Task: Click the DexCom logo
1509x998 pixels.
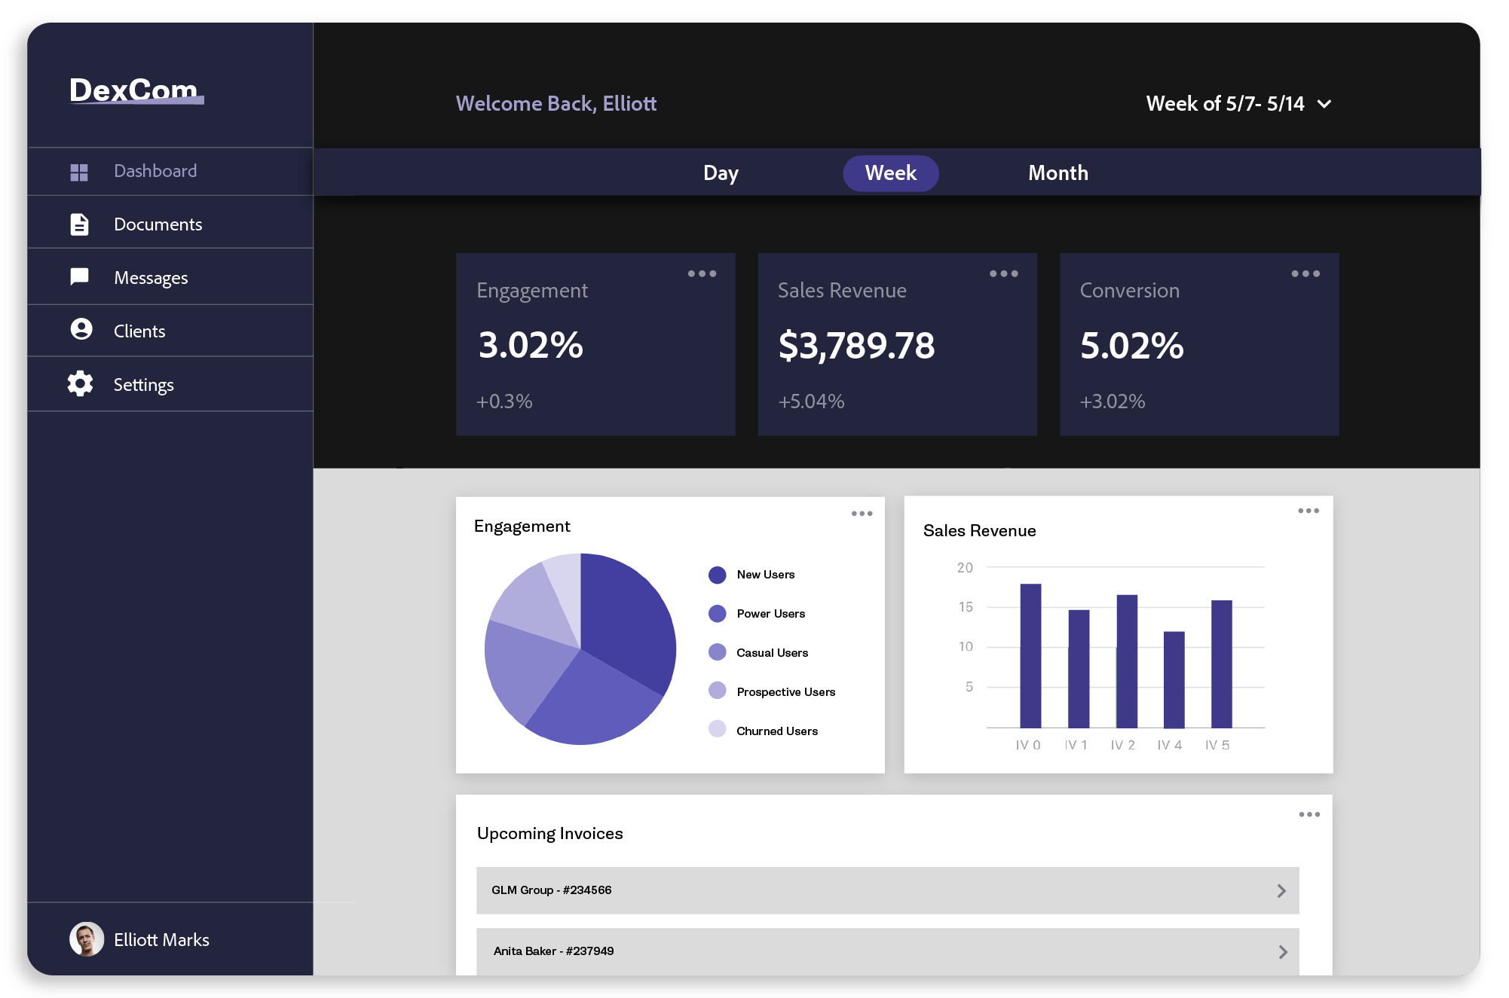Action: click(136, 90)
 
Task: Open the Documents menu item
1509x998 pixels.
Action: click(158, 224)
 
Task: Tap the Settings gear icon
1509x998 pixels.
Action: click(80, 384)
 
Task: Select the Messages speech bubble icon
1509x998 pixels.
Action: click(79, 277)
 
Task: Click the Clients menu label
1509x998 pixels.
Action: click(139, 331)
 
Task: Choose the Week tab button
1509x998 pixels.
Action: click(890, 173)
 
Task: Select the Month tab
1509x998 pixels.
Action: click(1058, 173)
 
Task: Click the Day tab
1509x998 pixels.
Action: click(721, 173)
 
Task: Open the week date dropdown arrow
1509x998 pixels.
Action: click(1324, 104)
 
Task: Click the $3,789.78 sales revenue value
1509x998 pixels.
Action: click(856, 346)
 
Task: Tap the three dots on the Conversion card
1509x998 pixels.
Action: click(1305, 273)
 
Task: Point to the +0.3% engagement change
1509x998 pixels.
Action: click(504, 401)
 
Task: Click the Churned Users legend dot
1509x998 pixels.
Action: click(717, 729)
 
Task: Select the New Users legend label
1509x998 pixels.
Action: click(765, 575)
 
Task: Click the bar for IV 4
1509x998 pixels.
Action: click(1174, 679)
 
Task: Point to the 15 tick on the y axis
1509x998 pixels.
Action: click(966, 607)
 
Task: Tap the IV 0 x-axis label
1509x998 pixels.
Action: click(1027, 745)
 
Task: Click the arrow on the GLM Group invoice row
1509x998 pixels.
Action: click(1281, 891)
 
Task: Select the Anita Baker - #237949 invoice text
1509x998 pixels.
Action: click(553, 951)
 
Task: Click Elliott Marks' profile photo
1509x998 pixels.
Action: click(87, 939)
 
